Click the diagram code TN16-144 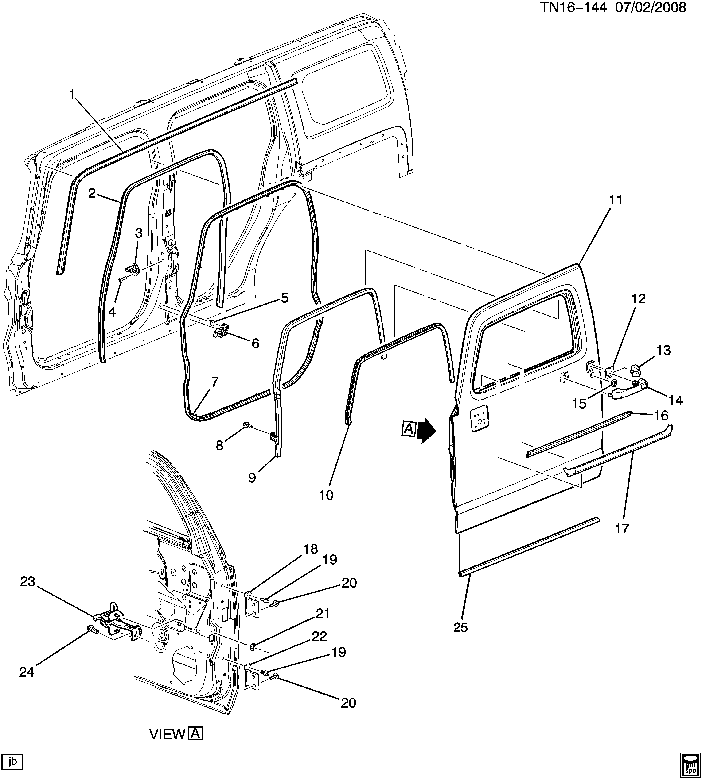pos(572,8)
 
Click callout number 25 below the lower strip pos(460,628)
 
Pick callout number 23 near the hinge pos(28,582)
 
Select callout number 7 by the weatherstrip pos(214,382)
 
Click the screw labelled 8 pos(247,426)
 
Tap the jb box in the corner pos(12,762)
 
